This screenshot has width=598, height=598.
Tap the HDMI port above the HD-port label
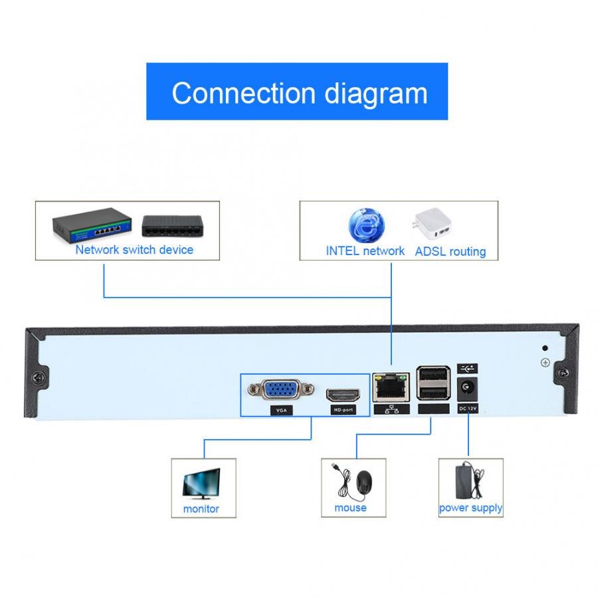[343, 394]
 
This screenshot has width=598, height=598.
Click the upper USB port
[433, 376]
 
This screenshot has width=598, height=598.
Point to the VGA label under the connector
[281, 411]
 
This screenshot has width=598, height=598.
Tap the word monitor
[201, 509]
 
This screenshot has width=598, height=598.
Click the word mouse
[350, 508]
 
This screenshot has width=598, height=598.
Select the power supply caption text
[470, 508]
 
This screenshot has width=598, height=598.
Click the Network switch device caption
[134, 250]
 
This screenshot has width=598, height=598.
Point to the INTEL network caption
[365, 250]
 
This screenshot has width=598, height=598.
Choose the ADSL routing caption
[450, 252]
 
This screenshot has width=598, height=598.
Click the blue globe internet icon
[365, 225]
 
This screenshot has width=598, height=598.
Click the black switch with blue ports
[92, 225]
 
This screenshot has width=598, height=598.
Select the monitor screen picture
[201, 482]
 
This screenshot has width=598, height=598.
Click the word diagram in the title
[375, 93]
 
